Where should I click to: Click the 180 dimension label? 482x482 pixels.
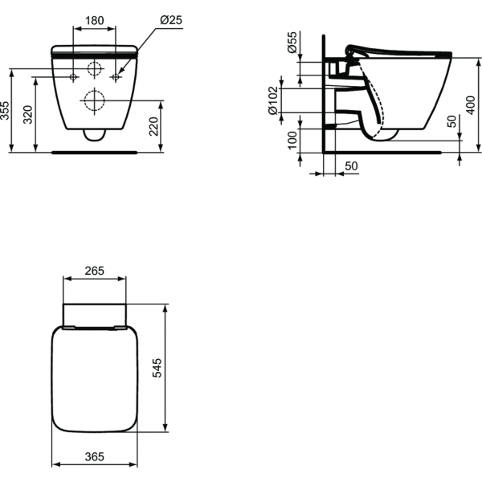point(95,18)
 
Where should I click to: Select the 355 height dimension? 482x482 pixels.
point(6,110)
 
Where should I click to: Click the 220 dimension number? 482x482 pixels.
point(153,125)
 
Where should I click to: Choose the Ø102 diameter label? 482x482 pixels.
point(275,100)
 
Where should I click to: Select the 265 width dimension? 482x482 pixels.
point(95,271)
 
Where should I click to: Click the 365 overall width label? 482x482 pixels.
point(95,456)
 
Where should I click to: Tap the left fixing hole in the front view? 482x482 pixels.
point(73,78)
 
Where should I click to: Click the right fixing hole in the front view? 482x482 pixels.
point(116,78)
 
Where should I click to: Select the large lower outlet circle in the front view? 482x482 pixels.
point(95,100)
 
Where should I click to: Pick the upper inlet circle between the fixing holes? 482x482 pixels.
point(95,69)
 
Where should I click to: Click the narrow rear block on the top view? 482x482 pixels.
point(95,314)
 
